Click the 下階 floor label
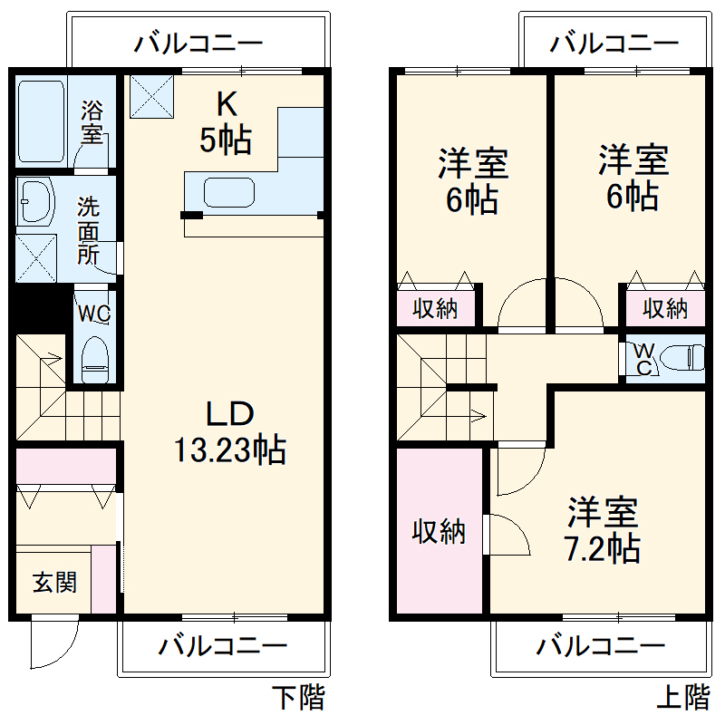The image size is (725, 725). click(x=298, y=698)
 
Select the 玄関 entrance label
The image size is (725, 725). click(x=55, y=582)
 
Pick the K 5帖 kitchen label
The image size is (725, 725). click(x=226, y=122)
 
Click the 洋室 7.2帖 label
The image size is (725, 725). click(x=603, y=531)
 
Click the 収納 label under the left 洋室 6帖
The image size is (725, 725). click(x=436, y=308)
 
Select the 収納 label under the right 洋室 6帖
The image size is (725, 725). click(x=666, y=308)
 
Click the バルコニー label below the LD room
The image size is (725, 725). click(x=224, y=646)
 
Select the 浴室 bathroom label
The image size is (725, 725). click(x=92, y=121)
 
